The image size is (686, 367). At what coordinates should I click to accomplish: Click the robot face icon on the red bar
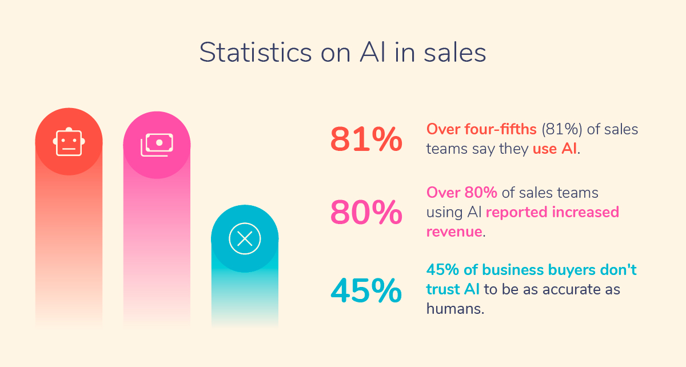(x=69, y=142)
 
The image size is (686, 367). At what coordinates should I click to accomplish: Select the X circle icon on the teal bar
(x=245, y=238)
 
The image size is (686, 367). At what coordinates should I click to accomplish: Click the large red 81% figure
(x=366, y=139)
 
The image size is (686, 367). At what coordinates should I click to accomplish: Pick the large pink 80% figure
(x=366, y=213)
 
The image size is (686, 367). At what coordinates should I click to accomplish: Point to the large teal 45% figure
(x=366, y=290)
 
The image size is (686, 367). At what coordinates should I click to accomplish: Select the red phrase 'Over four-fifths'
(x=481, y=129)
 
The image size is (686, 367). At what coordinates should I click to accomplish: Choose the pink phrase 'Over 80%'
(x=461, y=193)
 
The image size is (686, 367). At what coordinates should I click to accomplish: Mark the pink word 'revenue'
(x=454, y=232)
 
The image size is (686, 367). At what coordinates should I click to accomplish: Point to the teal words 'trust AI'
(x=453, y=289)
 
